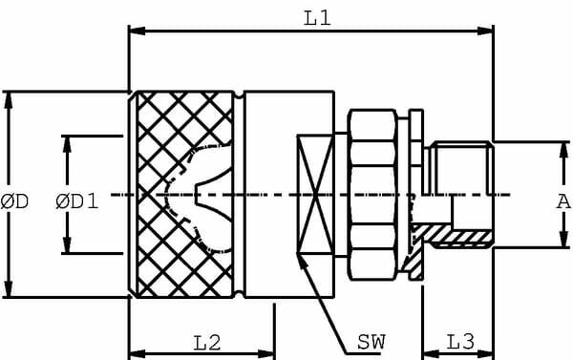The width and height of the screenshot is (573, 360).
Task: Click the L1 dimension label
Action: pyautogui.click(x=318, y=18)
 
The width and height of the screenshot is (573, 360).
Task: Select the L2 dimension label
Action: pyautogui.click(x=207, y=341)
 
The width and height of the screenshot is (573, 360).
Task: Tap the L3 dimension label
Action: pyautogui.click(x=459, y=341)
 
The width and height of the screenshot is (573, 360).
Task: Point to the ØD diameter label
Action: pyautogui.click(x=14, y=201)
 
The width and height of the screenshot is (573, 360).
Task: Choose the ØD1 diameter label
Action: pyautogui.click(x=76, y=201)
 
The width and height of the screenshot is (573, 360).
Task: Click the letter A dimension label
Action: pyautogui.click(x=562, y=201)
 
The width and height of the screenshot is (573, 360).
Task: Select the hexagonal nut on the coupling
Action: pyautogui.click(x=371, y=195)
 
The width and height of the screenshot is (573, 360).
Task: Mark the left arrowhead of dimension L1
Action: pyautogui.click(x=135, y=32)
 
